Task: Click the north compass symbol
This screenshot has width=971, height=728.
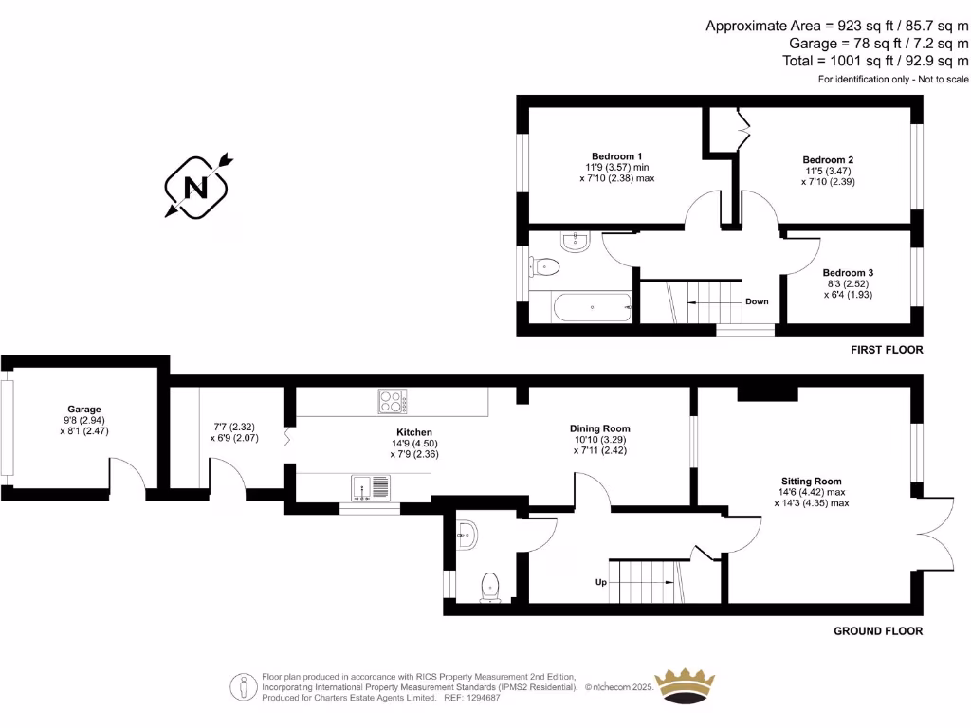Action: (x=197, y=187)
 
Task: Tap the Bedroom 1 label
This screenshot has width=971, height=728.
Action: (x=616, y=156)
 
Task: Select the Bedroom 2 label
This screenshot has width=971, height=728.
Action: (x=828, y=160)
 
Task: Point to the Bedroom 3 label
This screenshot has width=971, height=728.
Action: (x=847, y=273)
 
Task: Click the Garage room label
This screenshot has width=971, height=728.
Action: (x=83, y=409)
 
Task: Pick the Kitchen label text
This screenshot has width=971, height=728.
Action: (x=414, y=431)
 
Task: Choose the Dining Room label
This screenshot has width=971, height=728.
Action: (x=601, y=428)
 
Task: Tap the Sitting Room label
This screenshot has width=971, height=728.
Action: (x=811, y=482)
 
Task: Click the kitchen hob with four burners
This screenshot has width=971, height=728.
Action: (x=394, y=402)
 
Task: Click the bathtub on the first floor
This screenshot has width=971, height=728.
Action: (x=580, y=306)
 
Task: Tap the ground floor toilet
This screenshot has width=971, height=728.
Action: (x=490, y=585)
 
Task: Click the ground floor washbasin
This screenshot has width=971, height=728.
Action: (x=467, y=536)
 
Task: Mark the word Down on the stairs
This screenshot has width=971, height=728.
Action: (x=757, y=301)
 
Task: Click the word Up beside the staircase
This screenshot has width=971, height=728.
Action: (x=600, y=582)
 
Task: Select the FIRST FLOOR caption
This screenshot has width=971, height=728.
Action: (x=886, y=350)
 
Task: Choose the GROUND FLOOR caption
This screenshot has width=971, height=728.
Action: (x=877, y=631)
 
